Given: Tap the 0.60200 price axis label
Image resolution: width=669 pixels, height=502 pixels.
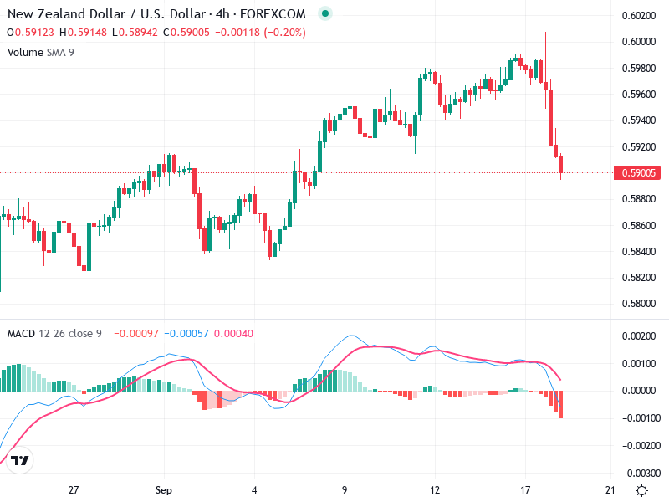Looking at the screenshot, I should click(x=638, y=16).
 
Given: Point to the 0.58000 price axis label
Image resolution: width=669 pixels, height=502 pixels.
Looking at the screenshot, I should click(x=638, y=304).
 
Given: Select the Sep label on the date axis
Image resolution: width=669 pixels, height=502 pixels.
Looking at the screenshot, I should click(x=164, y=489).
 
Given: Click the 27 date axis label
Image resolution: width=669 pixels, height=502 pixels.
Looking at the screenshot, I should click(x=74, y=489).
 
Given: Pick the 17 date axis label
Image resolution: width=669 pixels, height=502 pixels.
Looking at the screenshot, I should click(x=525, y=489).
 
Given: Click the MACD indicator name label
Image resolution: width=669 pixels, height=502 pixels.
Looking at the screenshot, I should click(x=21, y=334).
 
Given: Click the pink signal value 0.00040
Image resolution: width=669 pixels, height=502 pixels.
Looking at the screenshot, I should click(x=233, y=334).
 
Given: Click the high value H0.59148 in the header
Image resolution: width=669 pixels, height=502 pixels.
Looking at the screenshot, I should click(x=82, y=33).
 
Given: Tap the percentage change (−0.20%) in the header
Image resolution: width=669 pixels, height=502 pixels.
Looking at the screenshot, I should click(x=283, y=33).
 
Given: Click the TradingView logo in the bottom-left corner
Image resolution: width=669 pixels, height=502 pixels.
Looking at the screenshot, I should click(x=21, y=461).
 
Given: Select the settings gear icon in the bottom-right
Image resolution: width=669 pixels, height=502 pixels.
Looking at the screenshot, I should click(x=641, y=489).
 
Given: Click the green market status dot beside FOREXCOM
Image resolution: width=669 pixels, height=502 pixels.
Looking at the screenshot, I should click(x=325, y=14).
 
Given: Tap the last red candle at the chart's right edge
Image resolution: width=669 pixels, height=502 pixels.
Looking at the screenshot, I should click(x=561, y=166).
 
